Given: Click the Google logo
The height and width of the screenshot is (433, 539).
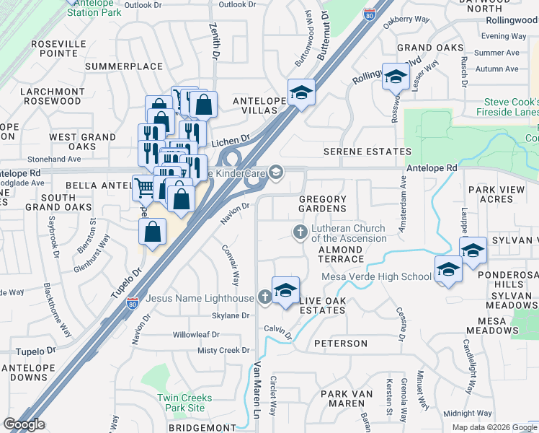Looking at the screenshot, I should tap(24, 424).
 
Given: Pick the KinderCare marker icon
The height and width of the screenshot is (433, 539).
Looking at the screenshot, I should tap(275, 171).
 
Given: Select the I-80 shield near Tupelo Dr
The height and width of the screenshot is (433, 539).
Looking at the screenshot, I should tap(133, 303).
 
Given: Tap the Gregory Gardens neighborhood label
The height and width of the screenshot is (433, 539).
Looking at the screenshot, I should tap(322, 204).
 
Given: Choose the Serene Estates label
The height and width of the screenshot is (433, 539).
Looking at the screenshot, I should tap(367, 152).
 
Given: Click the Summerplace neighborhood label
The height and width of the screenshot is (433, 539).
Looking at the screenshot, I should tap(123, 66).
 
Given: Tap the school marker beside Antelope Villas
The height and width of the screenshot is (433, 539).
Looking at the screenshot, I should tap(301, 92).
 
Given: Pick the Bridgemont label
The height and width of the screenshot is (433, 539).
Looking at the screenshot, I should tap(197, 428).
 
